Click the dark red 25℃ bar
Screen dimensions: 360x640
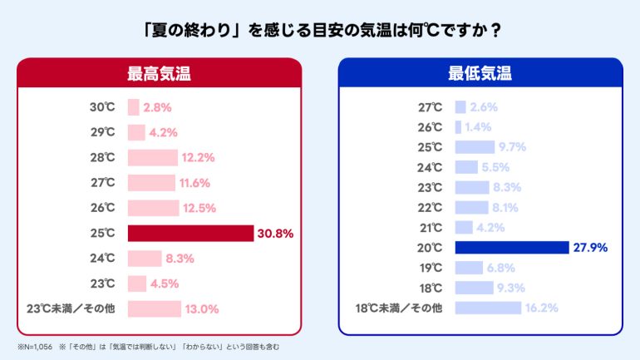(x=190, y=234)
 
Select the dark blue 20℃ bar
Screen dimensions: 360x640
(x=511, y=247)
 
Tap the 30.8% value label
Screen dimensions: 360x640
(x=275, y=234)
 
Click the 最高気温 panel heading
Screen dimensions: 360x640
(x=159, y=73)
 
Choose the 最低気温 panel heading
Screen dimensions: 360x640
(x=480, y=73)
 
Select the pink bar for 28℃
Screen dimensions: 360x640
(x=152, y=158)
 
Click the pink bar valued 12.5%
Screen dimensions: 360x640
(x=153, y=208)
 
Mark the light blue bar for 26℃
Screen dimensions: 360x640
(x=458, y=127)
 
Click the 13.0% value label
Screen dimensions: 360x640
(x=202, y=309)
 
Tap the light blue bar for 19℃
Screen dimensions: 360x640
(x=469, y=268)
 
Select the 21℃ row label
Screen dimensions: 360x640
(x=431, y=227)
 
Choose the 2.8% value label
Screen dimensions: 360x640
(x=157, y=107)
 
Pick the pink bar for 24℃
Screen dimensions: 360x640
(x=145, y=259)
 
